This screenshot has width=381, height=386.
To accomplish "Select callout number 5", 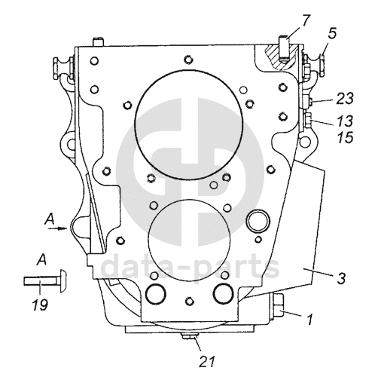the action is click(331, 34).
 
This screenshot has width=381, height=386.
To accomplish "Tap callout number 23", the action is click(344, 99).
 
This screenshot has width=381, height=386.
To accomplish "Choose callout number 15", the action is click(346, 137).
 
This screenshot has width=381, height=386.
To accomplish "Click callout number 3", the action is click(341, 278).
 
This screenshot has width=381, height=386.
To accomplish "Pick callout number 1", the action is click(310, 319).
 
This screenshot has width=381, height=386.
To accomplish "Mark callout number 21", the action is click(207, 362).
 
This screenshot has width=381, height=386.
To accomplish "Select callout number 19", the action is click(40, 305).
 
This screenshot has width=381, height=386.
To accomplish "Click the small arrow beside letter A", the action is click(58, 228).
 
